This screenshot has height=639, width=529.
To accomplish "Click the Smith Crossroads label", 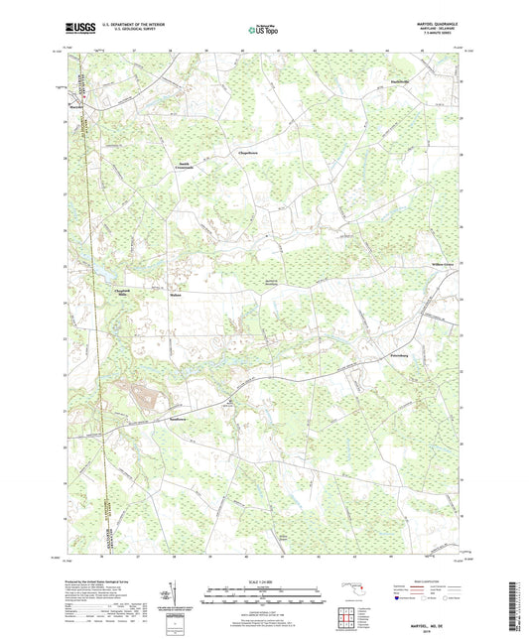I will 186,167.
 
